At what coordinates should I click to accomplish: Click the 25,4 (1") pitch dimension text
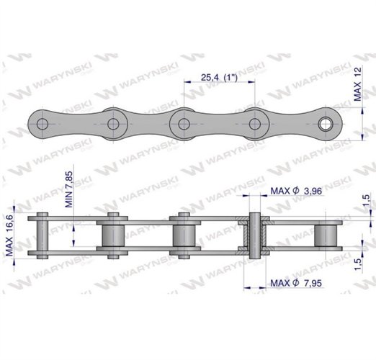tap(218, 76)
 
